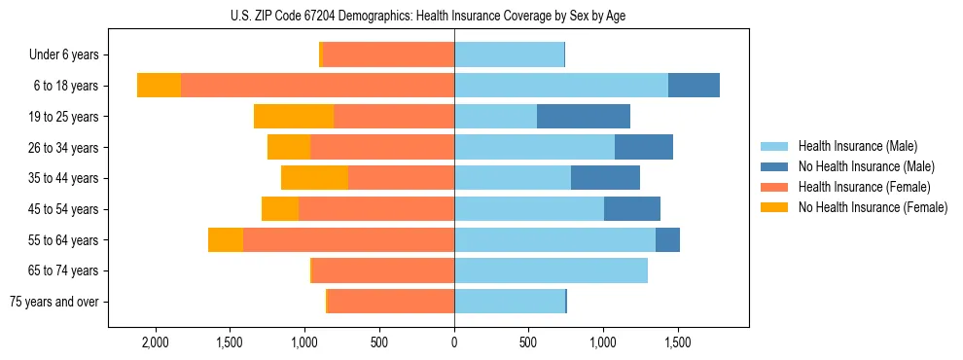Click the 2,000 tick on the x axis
point(156,343)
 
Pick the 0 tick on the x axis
point(454,343)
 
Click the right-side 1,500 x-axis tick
point(678,343)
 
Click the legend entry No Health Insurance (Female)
point(873,207)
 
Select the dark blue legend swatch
point(773,166)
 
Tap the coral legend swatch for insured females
point(773,187)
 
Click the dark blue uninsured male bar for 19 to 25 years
point(584,117)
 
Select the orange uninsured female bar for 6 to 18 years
point(159,86)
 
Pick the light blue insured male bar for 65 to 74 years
point(551,270)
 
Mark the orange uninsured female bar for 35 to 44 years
point(314,178)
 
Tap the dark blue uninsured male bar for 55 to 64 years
point(667,239)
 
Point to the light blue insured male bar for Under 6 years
point(509,55)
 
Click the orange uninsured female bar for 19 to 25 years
point(294,117)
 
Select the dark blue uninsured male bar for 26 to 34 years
point(644,147)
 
